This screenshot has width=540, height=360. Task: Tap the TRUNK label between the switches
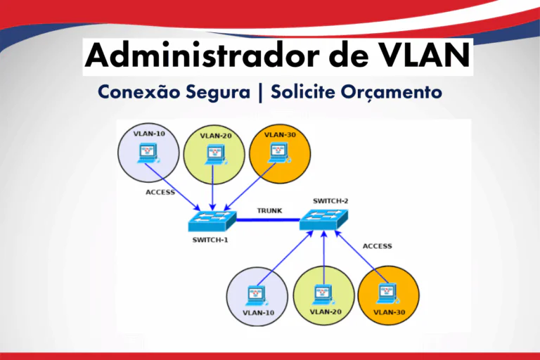[269, 210]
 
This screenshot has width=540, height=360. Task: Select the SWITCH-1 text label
[211, 239]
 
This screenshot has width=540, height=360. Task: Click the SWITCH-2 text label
[331, 200]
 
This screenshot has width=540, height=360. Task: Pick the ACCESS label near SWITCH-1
[160, 192]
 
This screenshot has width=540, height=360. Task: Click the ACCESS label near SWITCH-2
[378, 246]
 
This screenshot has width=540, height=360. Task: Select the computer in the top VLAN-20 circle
[214, 153]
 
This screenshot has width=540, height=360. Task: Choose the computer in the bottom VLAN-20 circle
[323, 292]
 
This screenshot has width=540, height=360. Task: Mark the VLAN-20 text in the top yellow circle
[216, 136]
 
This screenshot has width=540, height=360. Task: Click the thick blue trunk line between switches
[268, 220]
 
